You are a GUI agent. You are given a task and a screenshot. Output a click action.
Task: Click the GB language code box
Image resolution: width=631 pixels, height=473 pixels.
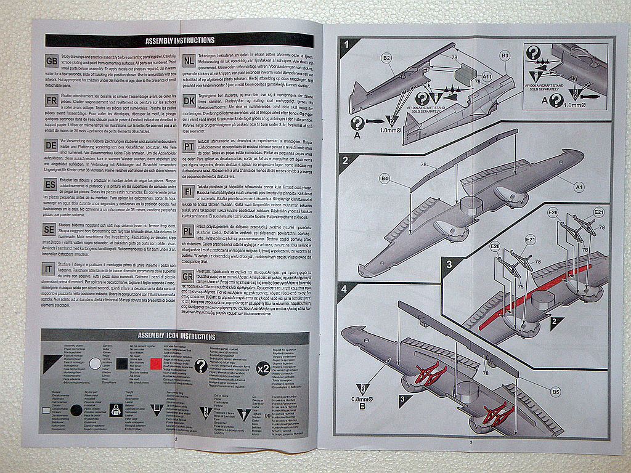pyautogui.click(x=52, y=60)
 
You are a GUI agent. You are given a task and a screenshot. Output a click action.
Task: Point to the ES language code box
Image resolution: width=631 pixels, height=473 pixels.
pyautogui.click(x=51, y=184)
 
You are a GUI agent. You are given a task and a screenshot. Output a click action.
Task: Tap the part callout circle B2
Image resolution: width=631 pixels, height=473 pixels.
pyautogui.click(x=386, y=59)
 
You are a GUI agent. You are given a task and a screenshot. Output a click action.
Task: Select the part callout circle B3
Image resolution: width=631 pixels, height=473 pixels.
pyautogui.click(x=505, y=55)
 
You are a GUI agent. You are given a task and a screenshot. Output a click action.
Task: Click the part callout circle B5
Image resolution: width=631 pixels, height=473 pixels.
pyautogui.click(x=555, y=391)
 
